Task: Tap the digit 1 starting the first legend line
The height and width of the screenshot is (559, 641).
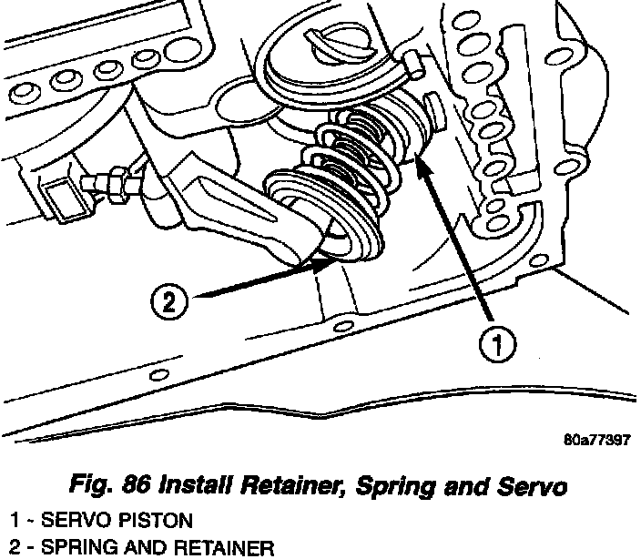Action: (x=13, y=521)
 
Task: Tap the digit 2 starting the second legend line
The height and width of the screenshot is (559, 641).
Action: (x=13, y=548)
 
